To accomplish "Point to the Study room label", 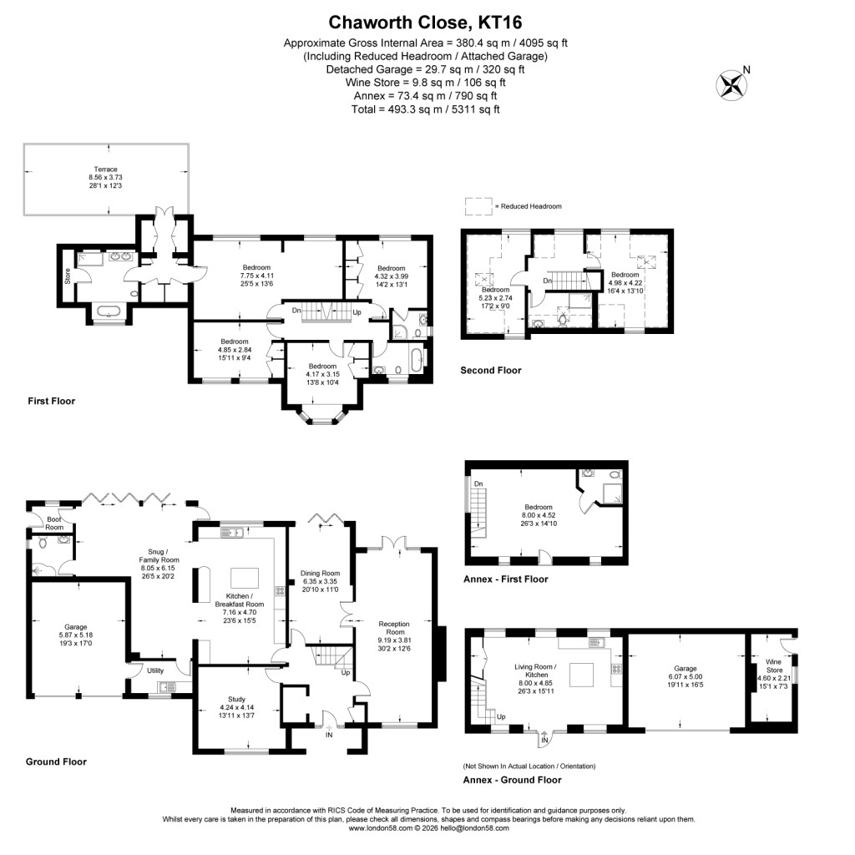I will [237, 699].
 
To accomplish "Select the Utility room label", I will [155, 670].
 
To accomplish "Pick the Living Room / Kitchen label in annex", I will [531, 670].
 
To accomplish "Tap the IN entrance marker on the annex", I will [545, 741].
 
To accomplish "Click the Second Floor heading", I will [490, 370].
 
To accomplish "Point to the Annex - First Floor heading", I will [505, 579].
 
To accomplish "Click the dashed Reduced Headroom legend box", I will [478, 205].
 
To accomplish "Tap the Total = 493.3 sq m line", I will [427, 109].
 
